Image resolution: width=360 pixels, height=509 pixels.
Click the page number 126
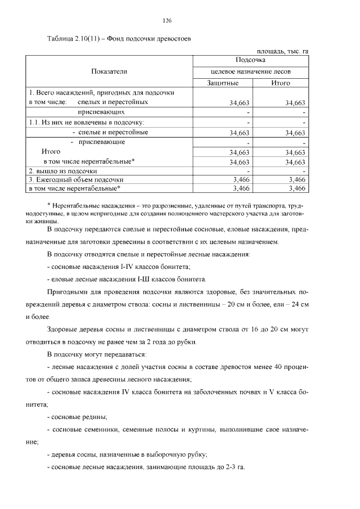click(166, 21)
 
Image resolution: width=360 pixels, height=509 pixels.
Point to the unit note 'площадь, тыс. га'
click(282, 51)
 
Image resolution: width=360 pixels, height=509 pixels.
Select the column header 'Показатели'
click(109, 71)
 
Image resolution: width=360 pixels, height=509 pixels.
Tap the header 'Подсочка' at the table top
click(250, 60)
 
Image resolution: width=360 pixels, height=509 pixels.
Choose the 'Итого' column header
click(280, 83)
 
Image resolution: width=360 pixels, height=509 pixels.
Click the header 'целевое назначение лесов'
click(250, 71)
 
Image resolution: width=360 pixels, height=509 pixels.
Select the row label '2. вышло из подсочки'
click(63, 170)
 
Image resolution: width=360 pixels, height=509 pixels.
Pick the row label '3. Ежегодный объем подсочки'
click(76, 179)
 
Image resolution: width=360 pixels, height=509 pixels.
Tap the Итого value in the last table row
click(296, 189)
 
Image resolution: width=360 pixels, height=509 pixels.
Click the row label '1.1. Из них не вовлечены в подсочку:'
click(87, 122)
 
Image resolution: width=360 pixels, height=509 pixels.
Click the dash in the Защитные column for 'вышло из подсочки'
click(247, 171)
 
